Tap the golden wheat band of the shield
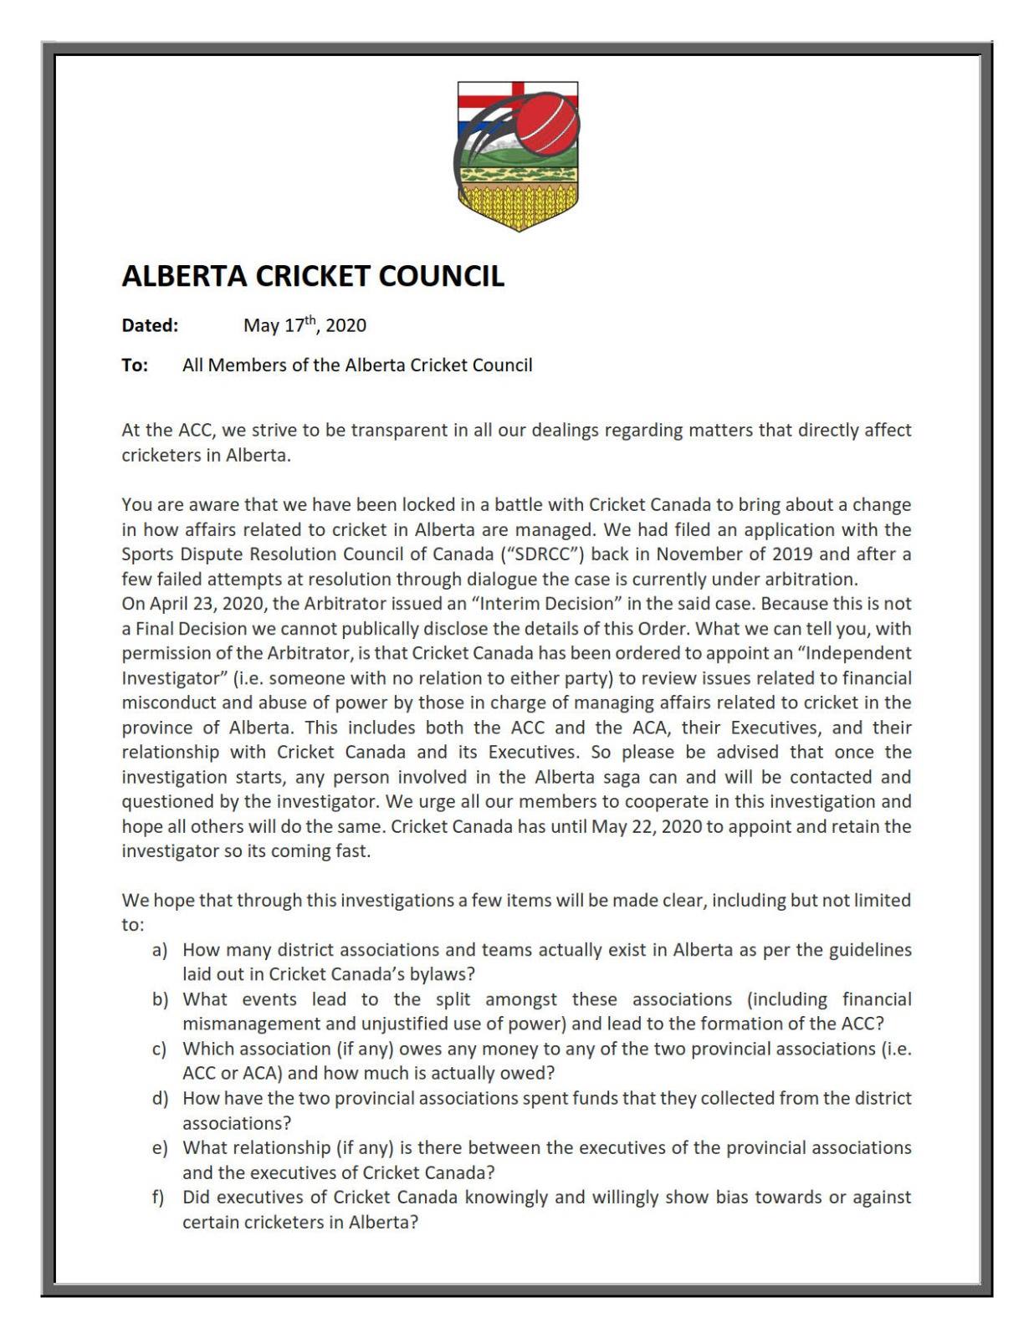coord(518,206)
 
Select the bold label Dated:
coord(150,325)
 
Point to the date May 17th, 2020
coord(305,325)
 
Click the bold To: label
coord(135,365)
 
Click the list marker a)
coord(160,950)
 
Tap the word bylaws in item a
coord(441,974)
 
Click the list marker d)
coord(160,1098)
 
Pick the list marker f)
coord(158,1197)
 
